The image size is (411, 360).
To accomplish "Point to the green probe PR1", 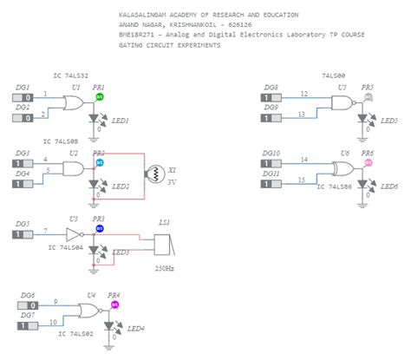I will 99,97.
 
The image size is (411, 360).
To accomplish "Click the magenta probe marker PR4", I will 114,304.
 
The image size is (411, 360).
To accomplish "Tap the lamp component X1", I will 157,173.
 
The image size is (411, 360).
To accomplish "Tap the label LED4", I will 134,329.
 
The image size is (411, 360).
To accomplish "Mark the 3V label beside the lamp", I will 172,183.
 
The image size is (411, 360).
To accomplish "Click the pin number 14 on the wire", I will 303,158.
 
